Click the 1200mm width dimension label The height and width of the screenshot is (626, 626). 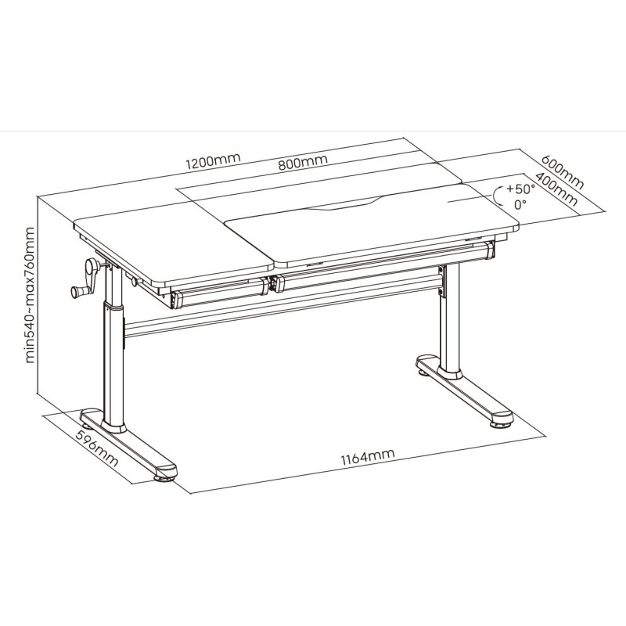[x=213, y=160]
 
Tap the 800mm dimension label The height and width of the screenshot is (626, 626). [x=303, y=162]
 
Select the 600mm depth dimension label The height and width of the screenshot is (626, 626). [x=563, y=171]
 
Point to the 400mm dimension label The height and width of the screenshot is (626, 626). [x=556, y=189]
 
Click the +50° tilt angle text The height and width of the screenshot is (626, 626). [x=520, y=189]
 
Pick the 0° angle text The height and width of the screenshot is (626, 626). [x=520, y=205]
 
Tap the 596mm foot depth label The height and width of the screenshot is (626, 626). [x=97, y=448]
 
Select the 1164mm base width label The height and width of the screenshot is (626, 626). [x=368, y=457]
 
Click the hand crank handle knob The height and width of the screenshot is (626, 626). [x=77, y=292]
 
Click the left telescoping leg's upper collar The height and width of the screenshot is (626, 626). [x=113, y=305]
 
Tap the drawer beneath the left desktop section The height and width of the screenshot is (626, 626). [x=219, y=294]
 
